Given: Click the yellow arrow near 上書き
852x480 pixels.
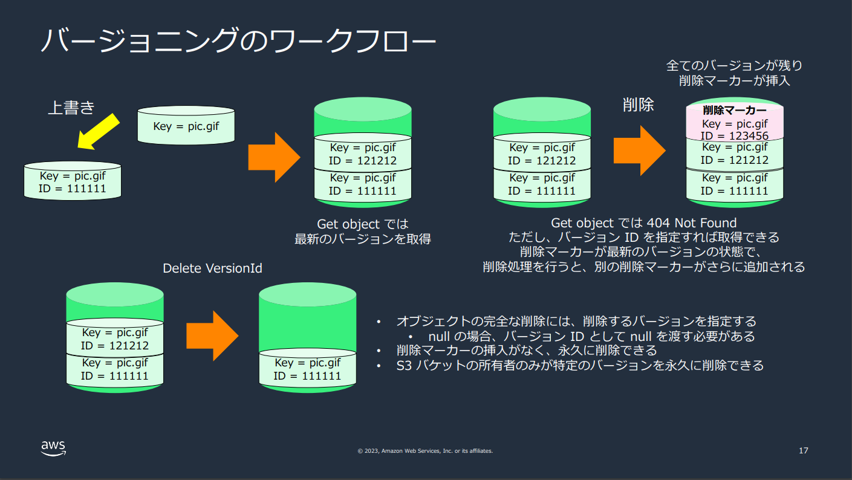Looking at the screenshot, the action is point(98,132).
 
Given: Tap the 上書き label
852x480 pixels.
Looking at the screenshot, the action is point(71,108).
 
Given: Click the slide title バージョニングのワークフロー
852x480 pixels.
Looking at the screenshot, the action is point(238,40).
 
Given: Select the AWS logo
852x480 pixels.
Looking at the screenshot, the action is point(53,448).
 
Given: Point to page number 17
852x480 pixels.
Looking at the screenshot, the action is point(803,451).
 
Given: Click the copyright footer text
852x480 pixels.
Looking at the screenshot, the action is point(425,451).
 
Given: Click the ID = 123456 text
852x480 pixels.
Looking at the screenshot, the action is point(735,136).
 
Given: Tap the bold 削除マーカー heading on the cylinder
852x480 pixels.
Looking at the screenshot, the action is point(735,110).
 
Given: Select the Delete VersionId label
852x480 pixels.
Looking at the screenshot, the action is point(212,268).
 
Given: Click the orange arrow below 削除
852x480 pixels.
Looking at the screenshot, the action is point(639,151).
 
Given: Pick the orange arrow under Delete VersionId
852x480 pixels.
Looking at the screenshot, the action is point(212,336).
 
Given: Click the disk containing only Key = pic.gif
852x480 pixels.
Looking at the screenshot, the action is point(186,125).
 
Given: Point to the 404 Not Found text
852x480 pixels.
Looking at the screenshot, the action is point(692,222).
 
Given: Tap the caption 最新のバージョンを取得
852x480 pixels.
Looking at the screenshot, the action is point(362,239).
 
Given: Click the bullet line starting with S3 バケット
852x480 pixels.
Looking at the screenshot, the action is point(580,366).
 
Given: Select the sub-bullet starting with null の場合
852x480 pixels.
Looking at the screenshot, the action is point(591,336).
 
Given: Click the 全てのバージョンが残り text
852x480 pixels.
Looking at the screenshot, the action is point(734,65).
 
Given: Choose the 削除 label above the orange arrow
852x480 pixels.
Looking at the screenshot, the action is point(638,105).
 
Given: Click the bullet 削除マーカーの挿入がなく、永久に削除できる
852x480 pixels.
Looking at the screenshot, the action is point(527,350).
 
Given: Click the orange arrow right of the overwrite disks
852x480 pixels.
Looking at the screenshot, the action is point(275,157).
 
